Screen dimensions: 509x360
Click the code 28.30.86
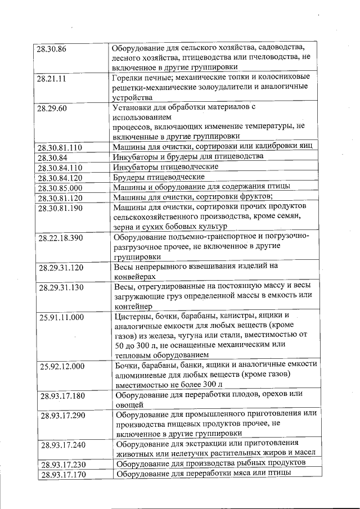(52, 49)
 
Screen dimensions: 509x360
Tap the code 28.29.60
(52, 108)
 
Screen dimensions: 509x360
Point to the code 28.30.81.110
(59, 148)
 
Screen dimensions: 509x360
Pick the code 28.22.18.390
(61, 238)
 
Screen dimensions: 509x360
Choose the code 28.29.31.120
(61, 268)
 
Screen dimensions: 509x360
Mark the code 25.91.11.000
(61, 318)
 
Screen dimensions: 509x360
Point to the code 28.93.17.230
(64, 464)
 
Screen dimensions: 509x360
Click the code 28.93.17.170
(64, 475)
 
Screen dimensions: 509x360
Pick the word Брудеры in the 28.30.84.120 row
(130, 177)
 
